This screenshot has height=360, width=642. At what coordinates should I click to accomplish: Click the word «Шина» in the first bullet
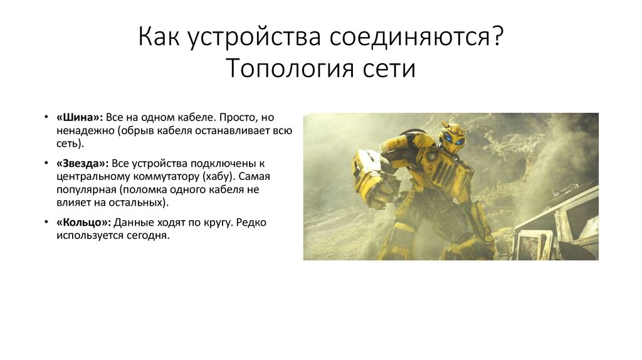[x=78, y=117]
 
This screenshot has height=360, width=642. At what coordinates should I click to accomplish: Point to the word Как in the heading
[x=157, y=38]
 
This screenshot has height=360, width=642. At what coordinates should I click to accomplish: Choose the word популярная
[x=85, y=189]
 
